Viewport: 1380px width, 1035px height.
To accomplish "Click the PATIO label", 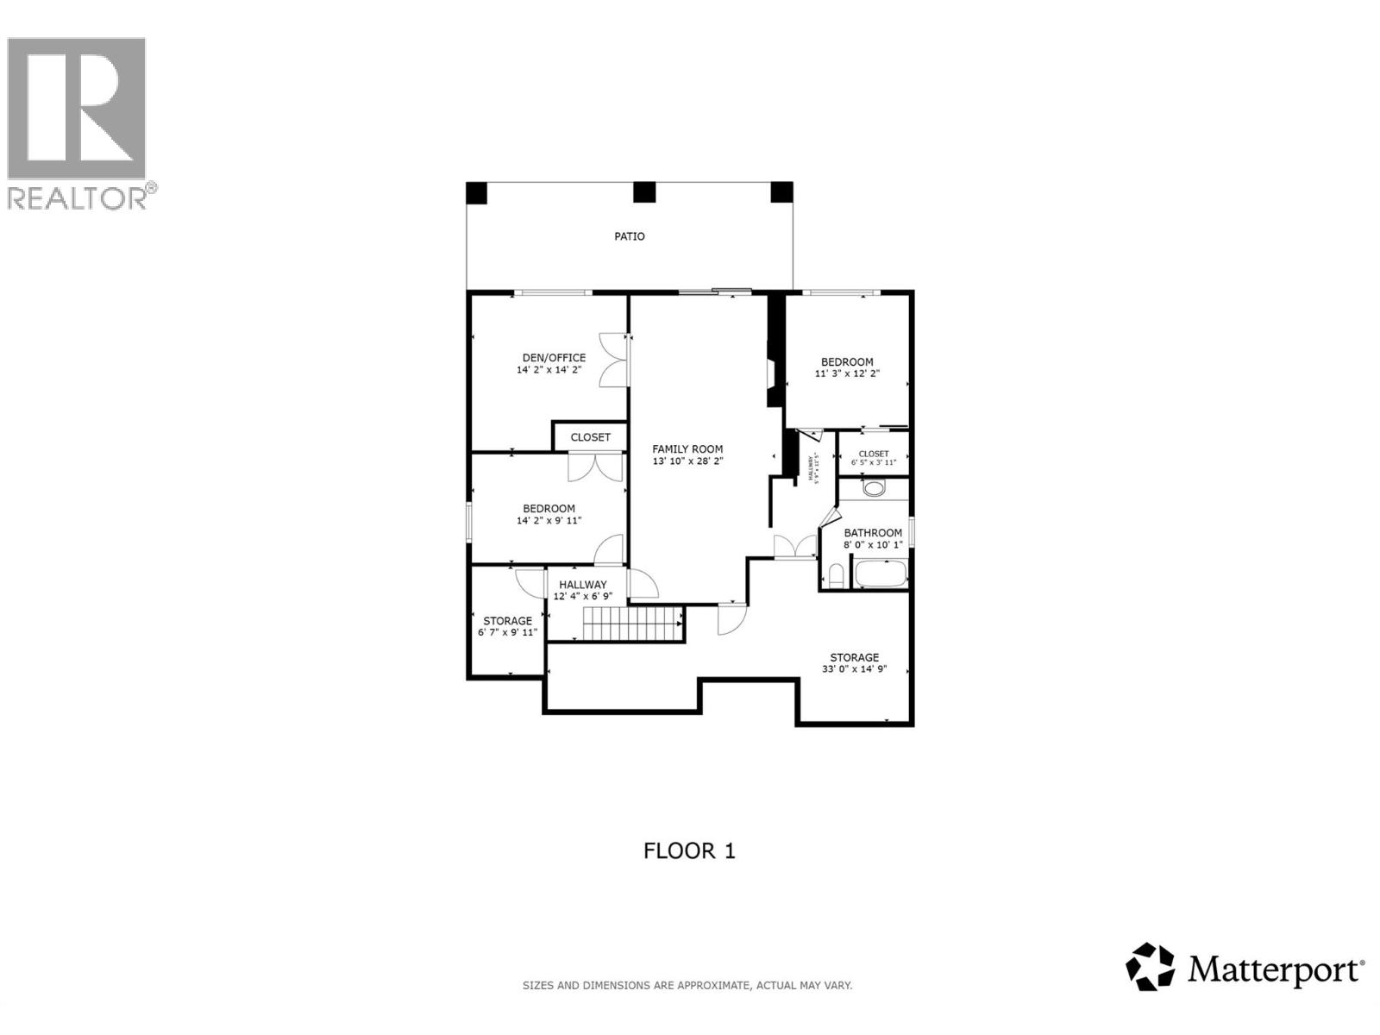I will (x=629, y=236).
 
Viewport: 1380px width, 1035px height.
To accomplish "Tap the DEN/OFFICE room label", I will (x=554, y=358).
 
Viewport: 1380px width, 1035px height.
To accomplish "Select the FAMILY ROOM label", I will (x=687, y=449).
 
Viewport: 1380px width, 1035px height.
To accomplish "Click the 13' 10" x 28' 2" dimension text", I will (x=687, y=461).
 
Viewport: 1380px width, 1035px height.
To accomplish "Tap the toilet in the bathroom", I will (x=835, y=575).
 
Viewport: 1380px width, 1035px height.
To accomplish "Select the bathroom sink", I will (x=874, y=489).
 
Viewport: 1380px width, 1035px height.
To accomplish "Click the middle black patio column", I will (x=644, y=192).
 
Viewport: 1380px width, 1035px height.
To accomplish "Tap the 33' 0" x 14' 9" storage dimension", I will (x=854, y=669).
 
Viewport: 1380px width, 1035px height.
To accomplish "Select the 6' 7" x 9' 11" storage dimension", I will (x=507, y=632).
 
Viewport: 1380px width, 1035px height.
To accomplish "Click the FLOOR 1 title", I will (x=689, y=851).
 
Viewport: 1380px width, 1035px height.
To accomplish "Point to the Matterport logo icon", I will (x=1151, y=967).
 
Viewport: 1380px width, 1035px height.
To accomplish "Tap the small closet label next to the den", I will (x=590, y=437).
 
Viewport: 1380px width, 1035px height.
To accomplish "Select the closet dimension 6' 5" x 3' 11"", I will (x=874, y=463).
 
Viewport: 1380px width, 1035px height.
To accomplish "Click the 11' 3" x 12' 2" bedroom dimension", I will (x=847, y=374).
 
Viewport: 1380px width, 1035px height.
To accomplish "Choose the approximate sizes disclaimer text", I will (x=687, y=985).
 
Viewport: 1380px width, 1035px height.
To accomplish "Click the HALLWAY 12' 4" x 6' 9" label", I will (x=582, y=590).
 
